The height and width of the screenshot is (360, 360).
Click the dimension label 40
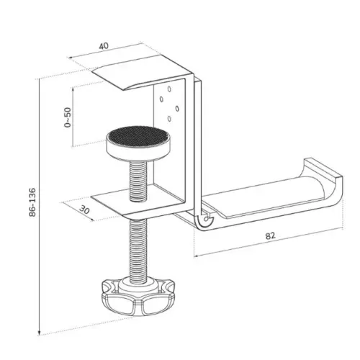click(x=104, y=46)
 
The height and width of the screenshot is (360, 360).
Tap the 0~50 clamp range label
click(x=68, y=117)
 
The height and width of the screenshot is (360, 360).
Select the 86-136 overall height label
click(x=32, y=202)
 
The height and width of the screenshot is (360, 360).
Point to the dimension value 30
click(x=84, y=210)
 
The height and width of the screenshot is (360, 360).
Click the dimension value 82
click(x=271, y=235)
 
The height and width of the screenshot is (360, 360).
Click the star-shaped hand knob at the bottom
click(x=138, y=296)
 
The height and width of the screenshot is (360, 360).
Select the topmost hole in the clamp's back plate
click(x=169, y=89)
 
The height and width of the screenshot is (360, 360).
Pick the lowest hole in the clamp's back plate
click(x=169, y=119)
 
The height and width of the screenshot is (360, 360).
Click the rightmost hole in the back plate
click(x=177, y=109)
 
